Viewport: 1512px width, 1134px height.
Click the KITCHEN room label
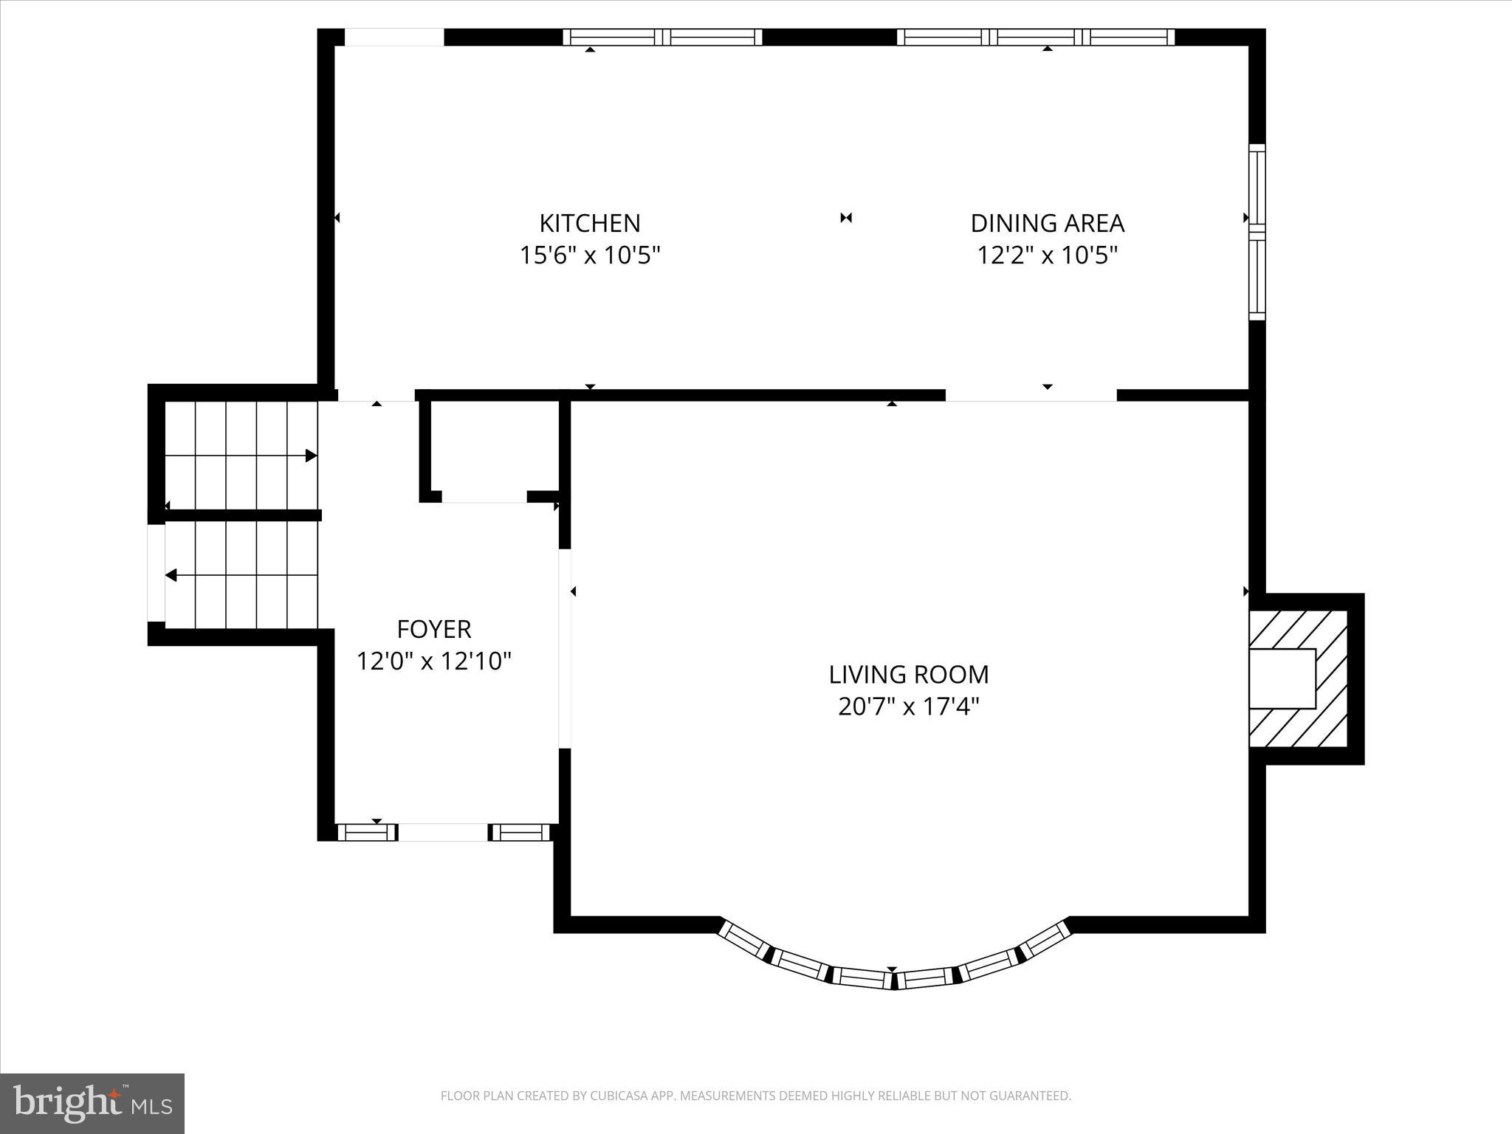pyautogui.click(x=589, y=223)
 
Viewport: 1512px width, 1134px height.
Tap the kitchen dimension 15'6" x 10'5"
pyautogui.click(x=589, y=255)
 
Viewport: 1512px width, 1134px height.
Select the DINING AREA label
pyautogui.click(x=1047, y=223)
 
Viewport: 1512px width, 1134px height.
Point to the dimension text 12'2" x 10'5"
pyautogui.click(x=1047, y=255)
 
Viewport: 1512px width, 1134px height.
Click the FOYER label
pyautogui.click(x=433, y=629)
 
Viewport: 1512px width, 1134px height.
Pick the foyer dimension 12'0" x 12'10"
pyautogui.click(x=433, y=661)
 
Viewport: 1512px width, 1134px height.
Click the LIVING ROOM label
pyautogui.click(x=908, y=674)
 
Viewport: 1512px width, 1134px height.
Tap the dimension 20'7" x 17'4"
pyautogui.click(x=908, y=707)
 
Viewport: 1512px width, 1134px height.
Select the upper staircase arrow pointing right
pyautogui.click(x=310, y=456)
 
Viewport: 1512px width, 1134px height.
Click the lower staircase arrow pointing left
pyautogui.click(x=171, y=575)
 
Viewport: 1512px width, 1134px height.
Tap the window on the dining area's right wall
pyautogui.click(x=1257, y=233)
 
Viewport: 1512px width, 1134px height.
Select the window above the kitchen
pyautogui.click(x=662, y=37)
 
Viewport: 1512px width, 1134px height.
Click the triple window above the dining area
pyautogui.click(x=1035, y=37)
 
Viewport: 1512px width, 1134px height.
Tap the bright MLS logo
pyautogui.click(x=92, y=1103)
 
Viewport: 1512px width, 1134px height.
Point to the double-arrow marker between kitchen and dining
pyautogui.click(x=846, y=218)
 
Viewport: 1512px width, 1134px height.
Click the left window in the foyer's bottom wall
pyautogui.click(x=367, y=832)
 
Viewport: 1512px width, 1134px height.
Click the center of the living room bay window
pyautogui.click(x=893, y=979)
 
